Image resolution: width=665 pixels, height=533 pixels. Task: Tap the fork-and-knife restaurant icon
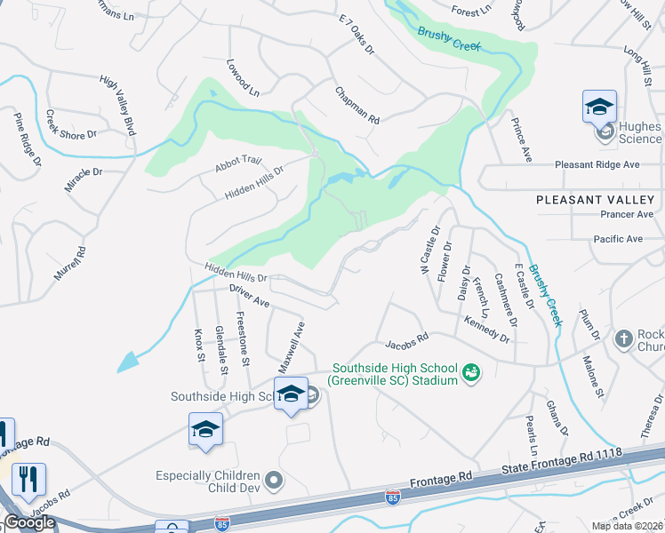click(28, 480)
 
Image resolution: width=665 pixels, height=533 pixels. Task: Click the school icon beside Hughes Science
click(600, 107)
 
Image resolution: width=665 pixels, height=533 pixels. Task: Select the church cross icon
click(624, 339)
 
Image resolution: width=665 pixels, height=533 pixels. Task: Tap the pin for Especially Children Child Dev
click(274, 481)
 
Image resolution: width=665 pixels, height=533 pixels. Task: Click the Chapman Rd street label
click(357, 106)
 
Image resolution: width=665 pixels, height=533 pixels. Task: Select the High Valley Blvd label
click(117, 105)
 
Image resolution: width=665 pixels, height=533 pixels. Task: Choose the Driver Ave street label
click(249, 297)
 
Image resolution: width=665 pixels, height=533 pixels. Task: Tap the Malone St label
click(593, 376)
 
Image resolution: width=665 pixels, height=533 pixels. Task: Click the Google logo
click(29, 521)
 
